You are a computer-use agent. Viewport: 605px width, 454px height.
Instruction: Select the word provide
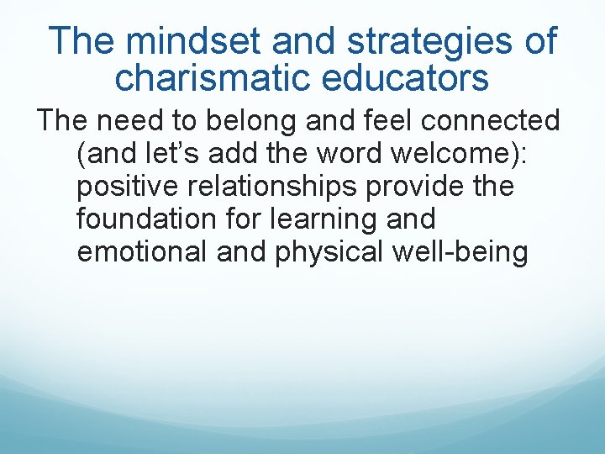439,187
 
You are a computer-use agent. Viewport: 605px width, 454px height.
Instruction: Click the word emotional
144,252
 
